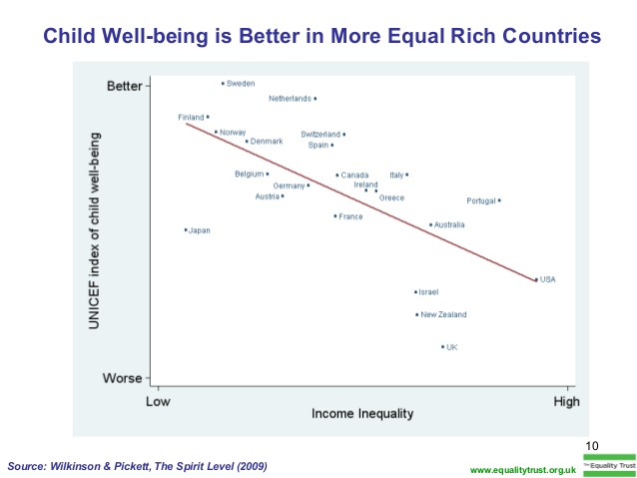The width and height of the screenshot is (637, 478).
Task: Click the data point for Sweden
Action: click(x=223, y=84)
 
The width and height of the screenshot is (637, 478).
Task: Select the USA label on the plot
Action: click(x=547, y=279)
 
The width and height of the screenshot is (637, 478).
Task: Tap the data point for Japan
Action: click(x=186, y=230)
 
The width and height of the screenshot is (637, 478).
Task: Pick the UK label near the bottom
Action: click(x=452, y=347)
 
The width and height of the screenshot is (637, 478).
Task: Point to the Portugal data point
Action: click(x=499, y=201)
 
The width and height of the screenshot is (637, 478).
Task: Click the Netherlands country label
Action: click(x=290, y=99)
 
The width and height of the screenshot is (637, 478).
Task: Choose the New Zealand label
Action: click(x=443, y=315)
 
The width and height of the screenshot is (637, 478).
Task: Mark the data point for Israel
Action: click(x=415, y=292)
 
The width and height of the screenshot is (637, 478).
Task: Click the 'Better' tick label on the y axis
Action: click(x=125, y=86)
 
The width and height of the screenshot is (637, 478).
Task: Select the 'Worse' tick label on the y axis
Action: click(x=125, y=378)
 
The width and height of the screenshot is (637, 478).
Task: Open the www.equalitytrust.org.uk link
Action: click(x=522, y=469)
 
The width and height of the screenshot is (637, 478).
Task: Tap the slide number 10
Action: click(x=590, y=445)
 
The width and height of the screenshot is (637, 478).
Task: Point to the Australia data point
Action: click(x=430, y=225)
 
